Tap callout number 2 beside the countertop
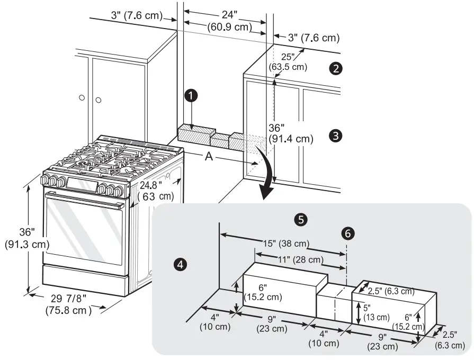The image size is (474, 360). tap(335, 68)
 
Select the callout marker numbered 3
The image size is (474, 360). tap(335, 135)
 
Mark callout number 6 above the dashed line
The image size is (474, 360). tap(347, 233)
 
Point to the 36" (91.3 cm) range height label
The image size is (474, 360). tap(26, 238)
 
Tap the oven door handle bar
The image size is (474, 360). tap(85, 199)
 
